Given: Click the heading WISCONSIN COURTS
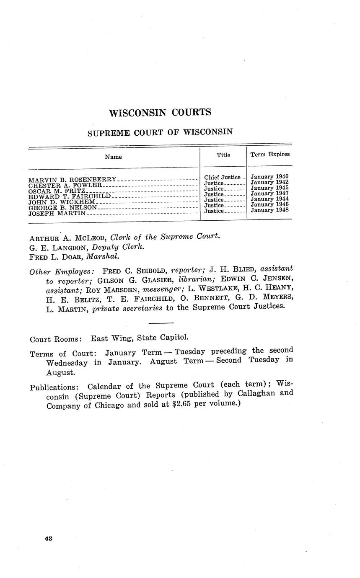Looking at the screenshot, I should pos(160,113).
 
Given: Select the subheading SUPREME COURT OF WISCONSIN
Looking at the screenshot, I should pos(160,132).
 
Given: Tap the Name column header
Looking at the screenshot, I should pos(113,157).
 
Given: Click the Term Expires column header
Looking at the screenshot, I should pos(270,155).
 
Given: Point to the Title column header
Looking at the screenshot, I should pos(223,155).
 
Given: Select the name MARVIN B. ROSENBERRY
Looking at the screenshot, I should pos(73,180).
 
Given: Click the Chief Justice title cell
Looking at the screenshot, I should pos(223,178).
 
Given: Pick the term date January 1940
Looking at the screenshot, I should pos(269,177).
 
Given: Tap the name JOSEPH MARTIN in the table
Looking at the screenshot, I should pos(57,213).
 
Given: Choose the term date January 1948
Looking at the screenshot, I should pos(269,210).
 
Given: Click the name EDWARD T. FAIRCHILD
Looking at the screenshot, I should pos(70,196).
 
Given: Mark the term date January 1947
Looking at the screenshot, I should pos(269,194).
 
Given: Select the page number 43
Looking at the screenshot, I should pos(48,539).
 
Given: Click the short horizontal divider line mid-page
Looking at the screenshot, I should pos(161,323).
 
